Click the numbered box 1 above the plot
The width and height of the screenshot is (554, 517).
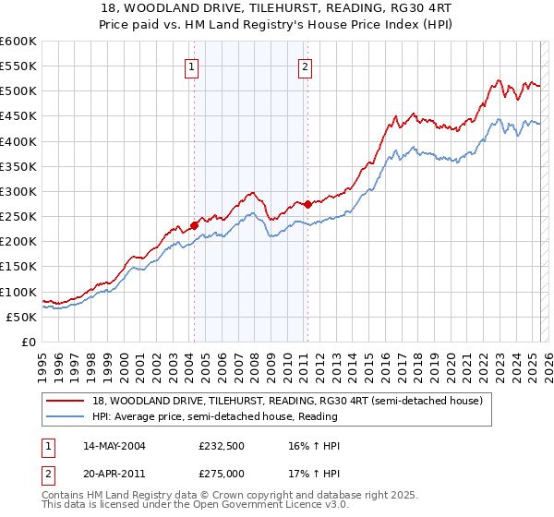[191, 66]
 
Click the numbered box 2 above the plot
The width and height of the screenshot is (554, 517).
[305, 66]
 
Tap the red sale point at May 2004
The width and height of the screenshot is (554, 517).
[195, 225]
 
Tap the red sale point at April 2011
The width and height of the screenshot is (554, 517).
[307, 204]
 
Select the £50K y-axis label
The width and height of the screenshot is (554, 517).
[22, 317]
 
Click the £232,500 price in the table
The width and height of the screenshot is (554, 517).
[220, 446]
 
